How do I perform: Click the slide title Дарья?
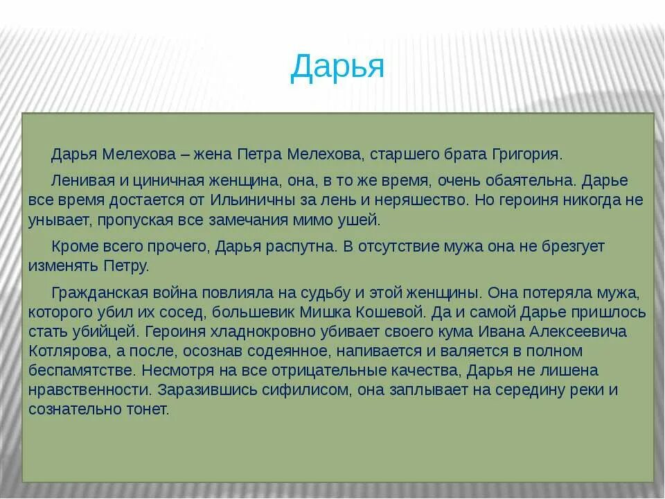[337, 67]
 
